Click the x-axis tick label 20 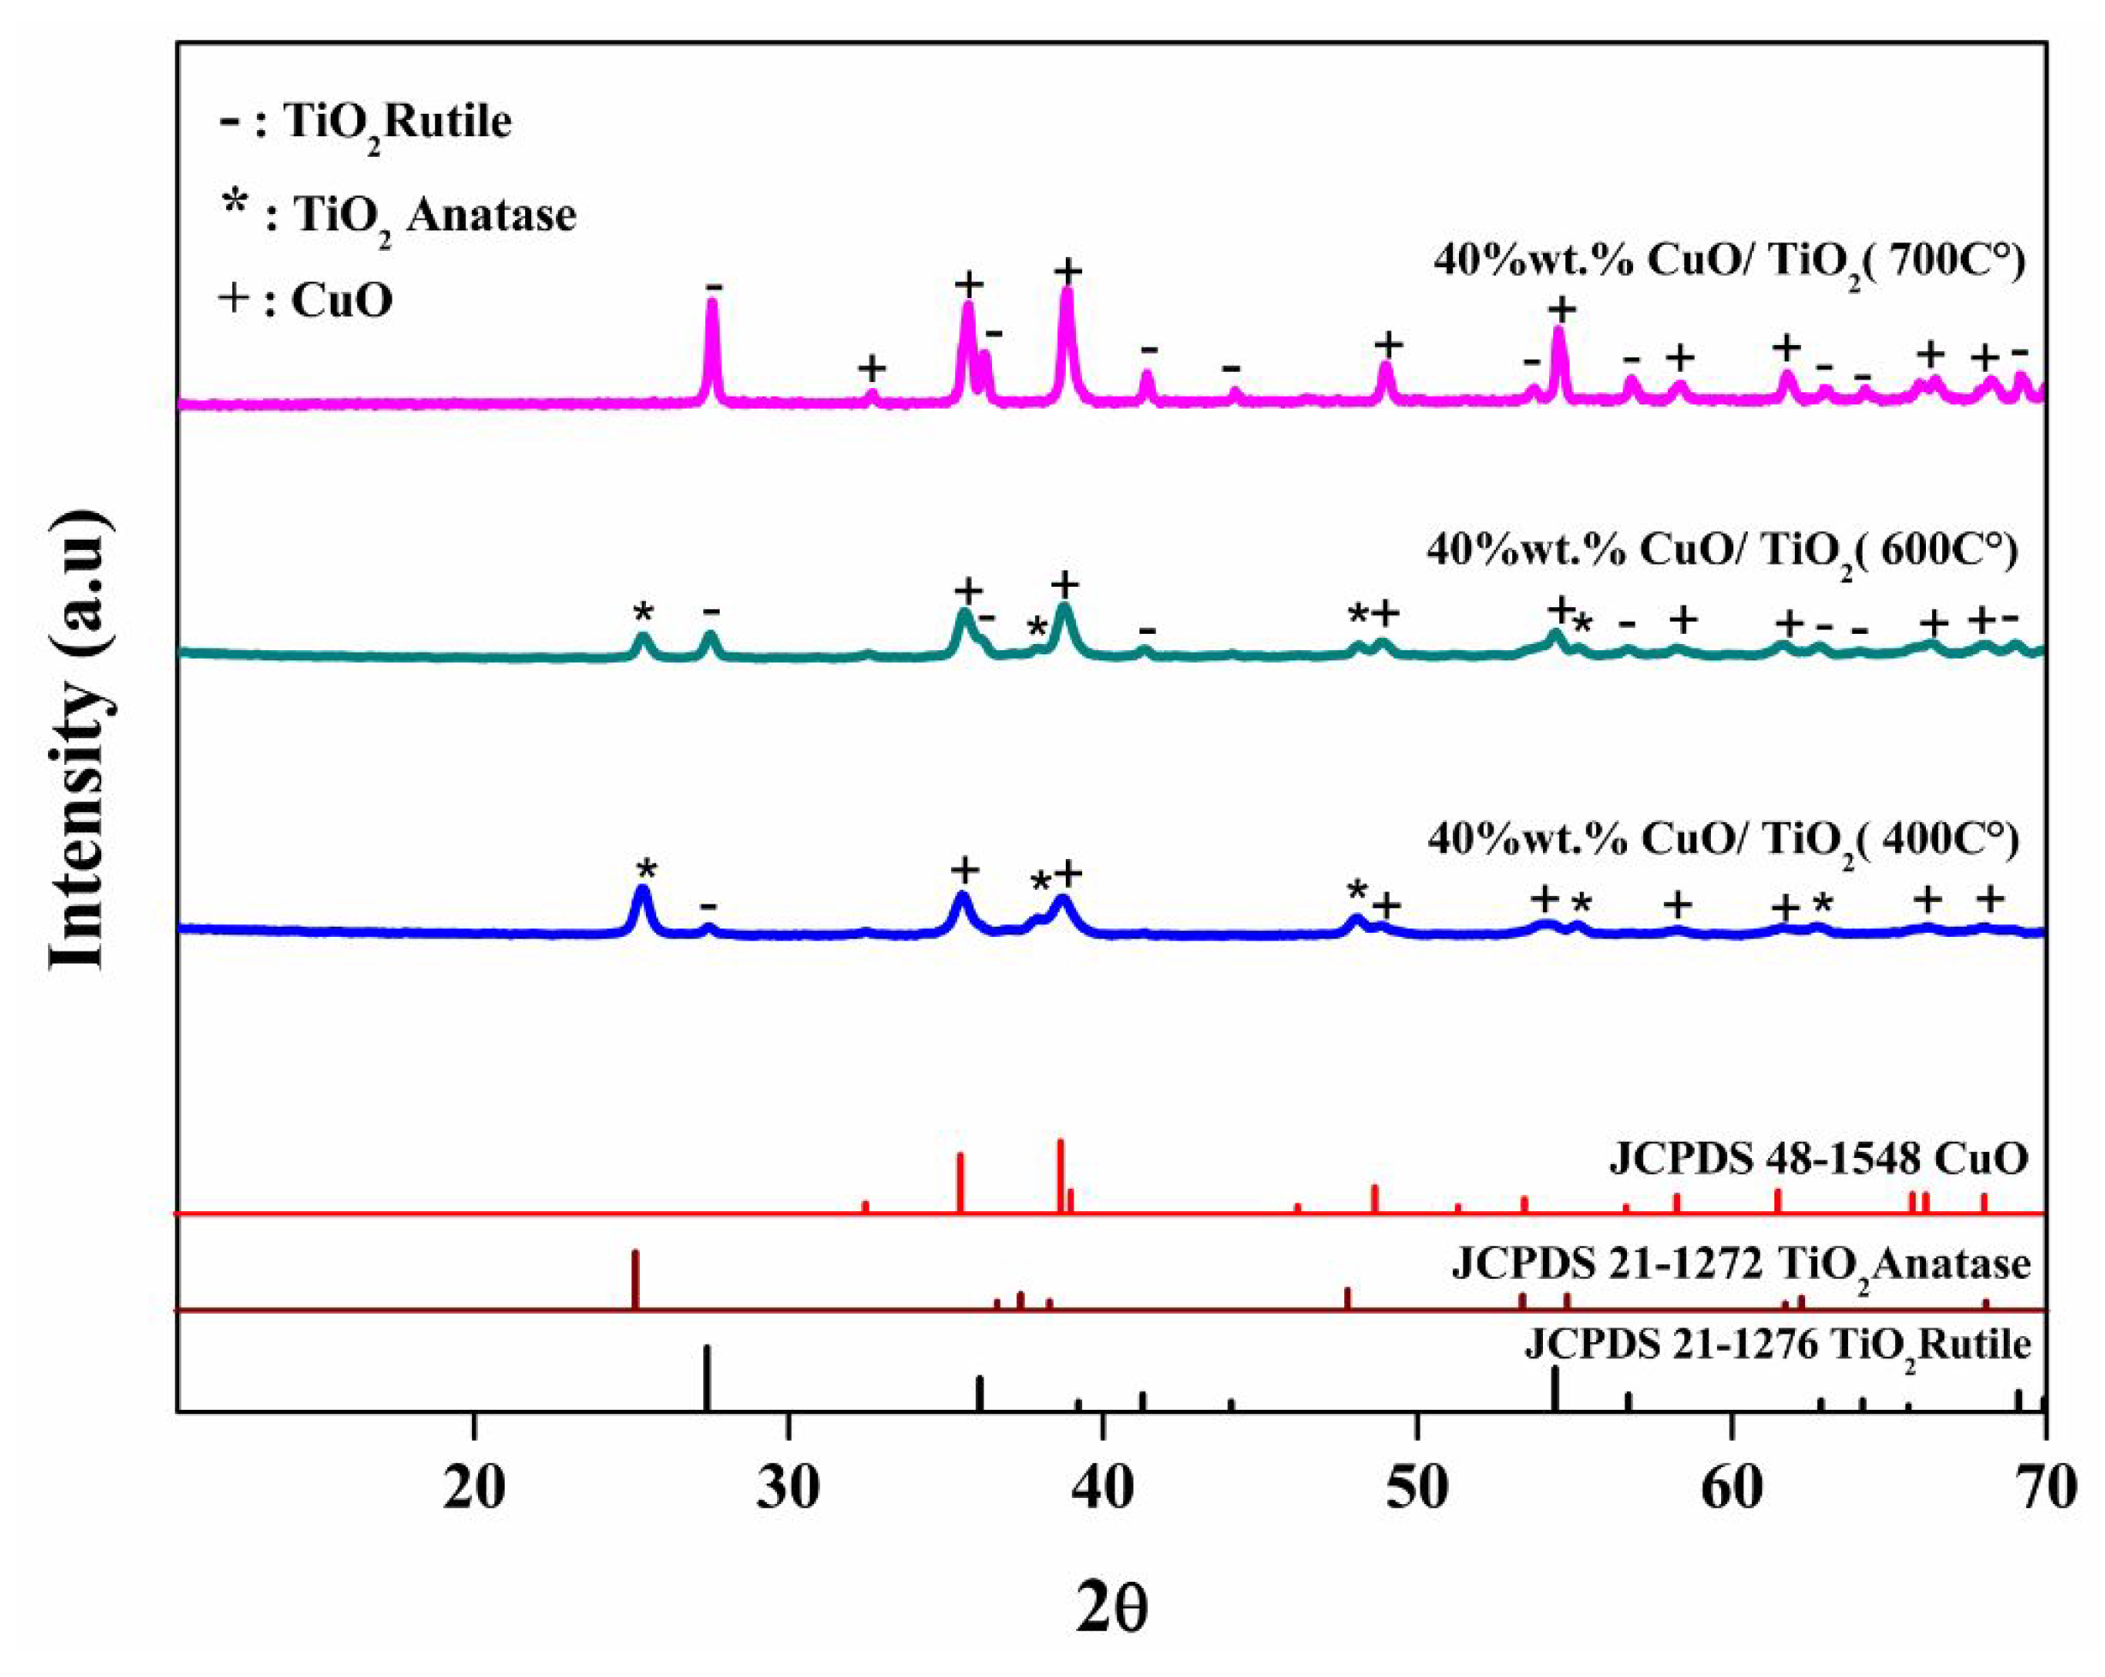474,1489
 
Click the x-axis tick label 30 788,1489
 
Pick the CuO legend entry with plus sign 307,300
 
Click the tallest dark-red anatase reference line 636,1279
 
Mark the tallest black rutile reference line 707,1377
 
